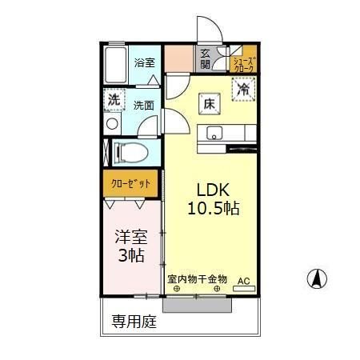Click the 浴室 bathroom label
(x=144, y=62)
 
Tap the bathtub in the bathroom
(x=117, y=65)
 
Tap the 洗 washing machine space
(x=114, y=102)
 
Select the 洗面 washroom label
(x=144, y=105)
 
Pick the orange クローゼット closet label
(x=131, y=183)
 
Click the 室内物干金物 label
(x=197, y=280)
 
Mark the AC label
(x=243, y=281)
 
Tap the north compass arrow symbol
(x=316, y=279)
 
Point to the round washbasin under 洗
(x=111, y=124)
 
